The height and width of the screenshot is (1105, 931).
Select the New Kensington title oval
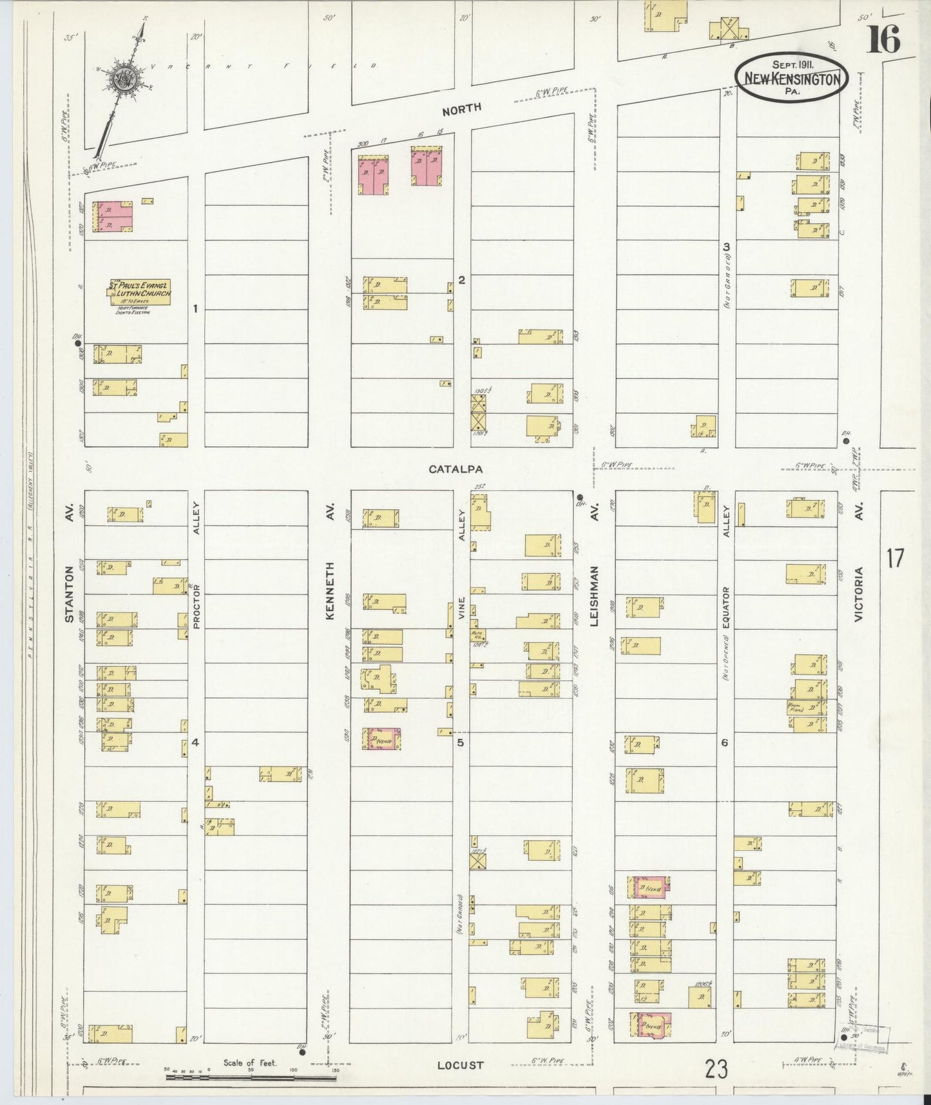[792, 76]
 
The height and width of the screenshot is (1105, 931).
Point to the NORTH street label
[461, 109]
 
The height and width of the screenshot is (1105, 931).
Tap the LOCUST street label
[460, 1065]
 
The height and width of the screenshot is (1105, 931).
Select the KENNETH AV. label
[331, 590]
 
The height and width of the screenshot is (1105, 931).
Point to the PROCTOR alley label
[197, 606]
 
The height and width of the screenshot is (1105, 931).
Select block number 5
[460, 742]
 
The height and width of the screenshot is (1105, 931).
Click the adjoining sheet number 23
[716, 1070]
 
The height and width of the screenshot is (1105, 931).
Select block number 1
[195, 308]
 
